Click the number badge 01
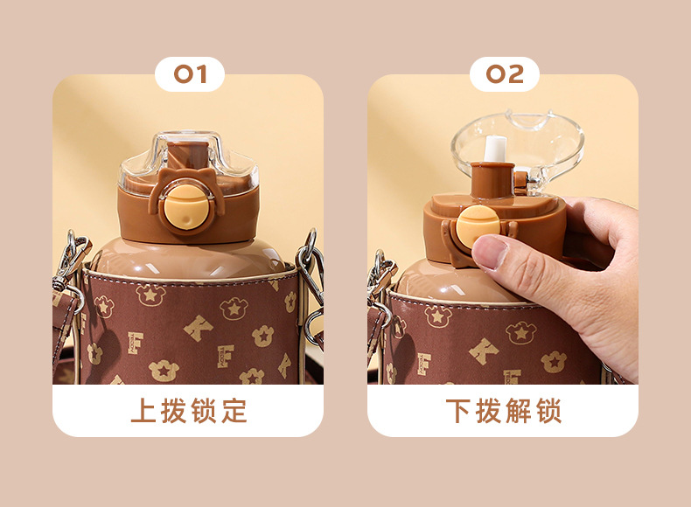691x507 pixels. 190,74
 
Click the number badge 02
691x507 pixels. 505,74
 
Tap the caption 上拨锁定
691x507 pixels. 189,411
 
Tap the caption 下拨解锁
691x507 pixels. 504,411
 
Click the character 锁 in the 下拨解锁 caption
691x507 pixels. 548,411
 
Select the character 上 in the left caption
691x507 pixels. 143,411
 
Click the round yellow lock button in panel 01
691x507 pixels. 187,208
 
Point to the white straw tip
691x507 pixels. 495,149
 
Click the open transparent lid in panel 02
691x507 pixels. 518,148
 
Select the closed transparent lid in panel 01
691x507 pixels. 189,161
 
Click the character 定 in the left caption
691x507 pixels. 234,411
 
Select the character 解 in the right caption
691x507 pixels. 518,411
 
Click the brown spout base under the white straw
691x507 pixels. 492,179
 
